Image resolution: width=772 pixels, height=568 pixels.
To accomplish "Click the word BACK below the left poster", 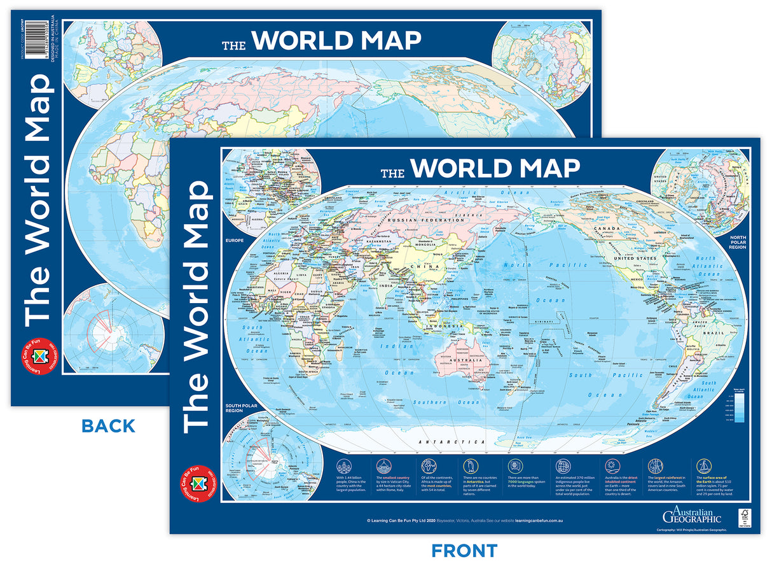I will coord(108,426).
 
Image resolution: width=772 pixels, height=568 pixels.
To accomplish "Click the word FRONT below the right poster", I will coord(464,551).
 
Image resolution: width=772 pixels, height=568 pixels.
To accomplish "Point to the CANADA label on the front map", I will coord(607,227).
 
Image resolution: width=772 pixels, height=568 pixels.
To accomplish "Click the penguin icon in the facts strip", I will coord(471,465).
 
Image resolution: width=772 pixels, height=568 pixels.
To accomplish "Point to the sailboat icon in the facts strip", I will coord(704,465).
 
